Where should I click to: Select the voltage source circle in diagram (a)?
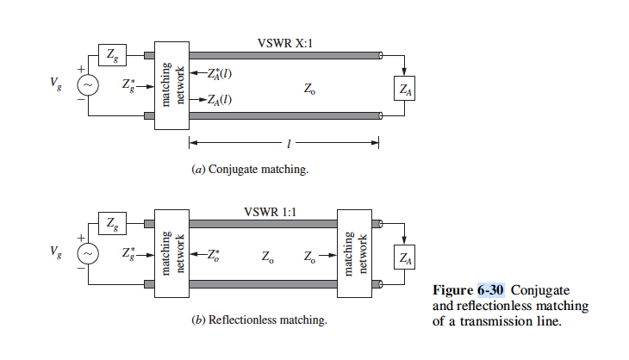click(90, 84)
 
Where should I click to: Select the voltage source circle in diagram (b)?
click(90, 253)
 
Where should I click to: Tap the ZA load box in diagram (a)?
click(402, 88)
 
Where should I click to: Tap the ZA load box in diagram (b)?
click(402, 256)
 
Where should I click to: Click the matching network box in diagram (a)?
click(171, 84)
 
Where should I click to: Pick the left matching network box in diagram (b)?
click(171, 253)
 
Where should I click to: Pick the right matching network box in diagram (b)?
click(355, 253)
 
